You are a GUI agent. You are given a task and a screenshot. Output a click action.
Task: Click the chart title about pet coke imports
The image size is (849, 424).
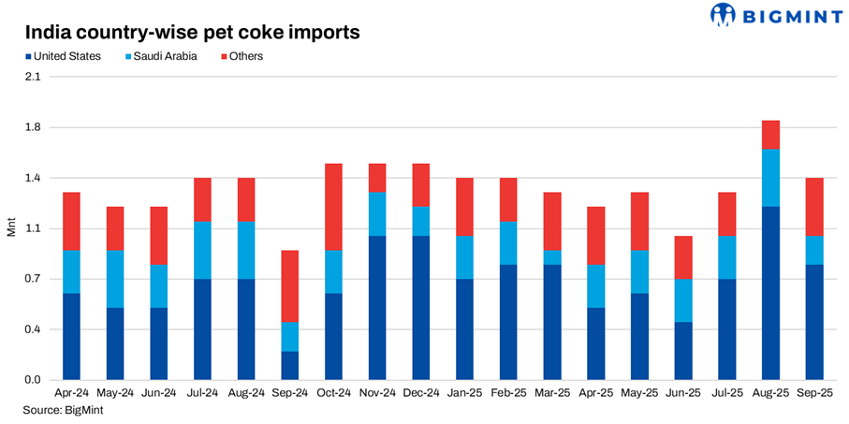tap(192, 33)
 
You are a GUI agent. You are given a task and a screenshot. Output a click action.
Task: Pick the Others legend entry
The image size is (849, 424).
tap(241, 56)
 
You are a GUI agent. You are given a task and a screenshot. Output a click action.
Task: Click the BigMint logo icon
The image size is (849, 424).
tap(724, 15)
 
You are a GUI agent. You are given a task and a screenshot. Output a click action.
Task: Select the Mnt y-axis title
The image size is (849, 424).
tap(11, 228)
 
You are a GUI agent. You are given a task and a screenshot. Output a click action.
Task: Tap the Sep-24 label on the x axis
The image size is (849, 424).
tap(289, 393)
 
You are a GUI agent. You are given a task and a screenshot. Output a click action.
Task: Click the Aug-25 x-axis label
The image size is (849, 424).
tap(770, 393)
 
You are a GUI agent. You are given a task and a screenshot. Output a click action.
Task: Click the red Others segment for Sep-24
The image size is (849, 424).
tap(289, 286)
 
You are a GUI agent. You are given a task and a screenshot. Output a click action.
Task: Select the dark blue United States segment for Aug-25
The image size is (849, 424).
tap(770, 293)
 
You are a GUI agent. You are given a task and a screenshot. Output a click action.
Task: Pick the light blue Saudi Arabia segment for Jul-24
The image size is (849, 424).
tap(202, 250)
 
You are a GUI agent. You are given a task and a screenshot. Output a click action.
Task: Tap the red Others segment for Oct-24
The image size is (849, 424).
tap(333, 207)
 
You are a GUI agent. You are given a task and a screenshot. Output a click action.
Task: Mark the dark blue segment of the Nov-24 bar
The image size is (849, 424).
tap(377, 307)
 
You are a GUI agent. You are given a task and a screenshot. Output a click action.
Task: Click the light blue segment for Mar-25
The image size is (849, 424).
tap(552, 257)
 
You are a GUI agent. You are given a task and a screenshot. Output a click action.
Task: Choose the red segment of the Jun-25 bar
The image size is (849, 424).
tap(683, 257)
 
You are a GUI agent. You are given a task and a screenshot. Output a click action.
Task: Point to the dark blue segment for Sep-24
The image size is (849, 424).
tap(289, 365)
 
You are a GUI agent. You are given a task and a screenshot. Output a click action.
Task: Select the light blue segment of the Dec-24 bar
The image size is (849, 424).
tap(421, 221)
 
